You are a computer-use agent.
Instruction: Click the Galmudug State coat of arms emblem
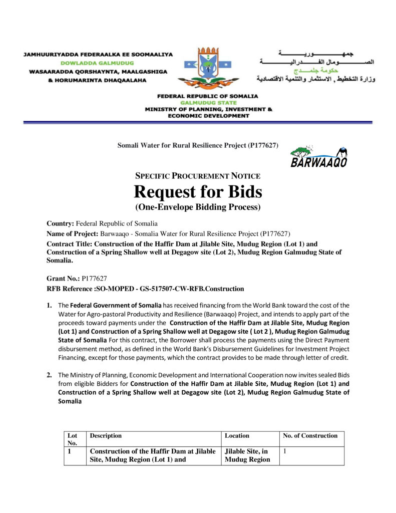pyautogui.click(x=208, y=67)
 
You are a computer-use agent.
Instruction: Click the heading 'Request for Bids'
pyautogui.click(x=198, y=191)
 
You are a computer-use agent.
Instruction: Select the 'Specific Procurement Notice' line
pyautogui.click(x=198, y=176)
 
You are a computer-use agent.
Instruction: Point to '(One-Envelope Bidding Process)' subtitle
pyautogui.click(x=198, y=206)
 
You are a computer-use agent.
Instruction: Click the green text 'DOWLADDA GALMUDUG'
pyautogui.click(x=97, y=63)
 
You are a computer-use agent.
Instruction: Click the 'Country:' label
pyautogui.click(x=60, y=223)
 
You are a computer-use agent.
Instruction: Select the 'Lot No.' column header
pyautogui.click(x=73, y=439)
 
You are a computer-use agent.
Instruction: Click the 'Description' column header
pyautogui.click(x=106, y=436)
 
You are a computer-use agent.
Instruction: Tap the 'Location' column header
pyautogui.click(x=237, y=436)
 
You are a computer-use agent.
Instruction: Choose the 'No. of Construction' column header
pyautogui.click(x=310, y=436)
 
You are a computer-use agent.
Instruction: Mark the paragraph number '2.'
pyautogui.click(x=50, y=375)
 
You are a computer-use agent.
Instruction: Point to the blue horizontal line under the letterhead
pyautogui.click(x=198, y=122)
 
